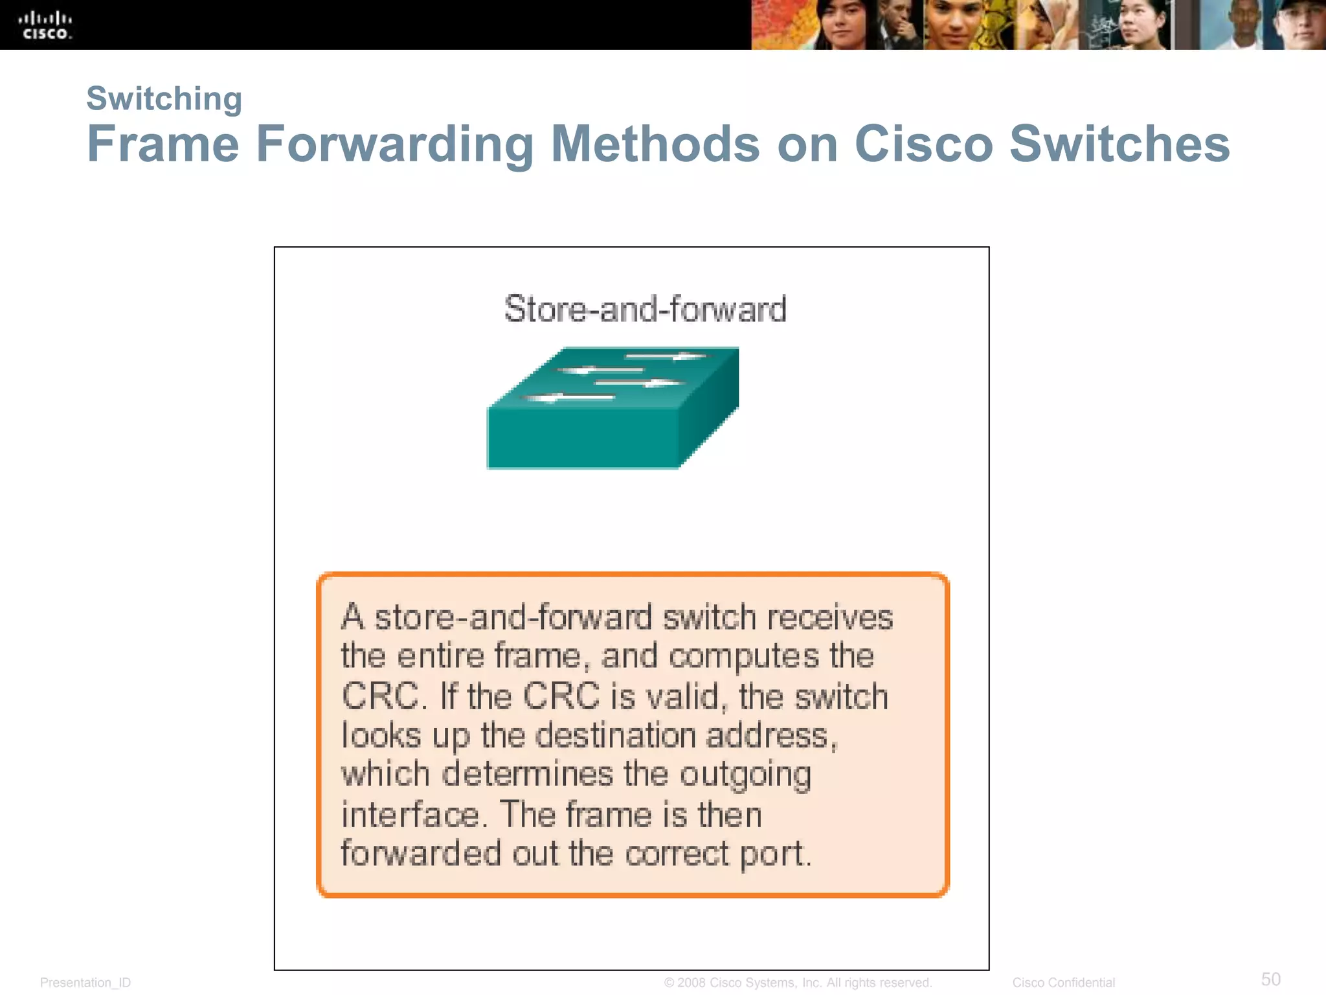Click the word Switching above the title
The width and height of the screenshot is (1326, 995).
[x=164, y=99]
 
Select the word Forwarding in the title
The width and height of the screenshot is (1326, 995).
[x=395, y=144]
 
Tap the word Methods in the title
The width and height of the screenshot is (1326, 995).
[x=655, y=144]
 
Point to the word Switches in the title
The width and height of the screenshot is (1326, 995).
[x=1119, y=144]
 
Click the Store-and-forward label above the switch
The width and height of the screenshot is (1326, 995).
[x=645, y=309]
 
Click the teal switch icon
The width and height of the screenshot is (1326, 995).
[x=612, y=408]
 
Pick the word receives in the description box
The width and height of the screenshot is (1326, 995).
[x=829, y=617]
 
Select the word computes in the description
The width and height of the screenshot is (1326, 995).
[x=744, y=656]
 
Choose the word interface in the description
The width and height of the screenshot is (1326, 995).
[x=414, y=815]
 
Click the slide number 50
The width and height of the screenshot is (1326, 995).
[x=1270, y=979]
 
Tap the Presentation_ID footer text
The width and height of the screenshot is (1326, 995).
[x=85, y=983]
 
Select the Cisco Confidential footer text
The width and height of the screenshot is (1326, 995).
[x=1063, y=983]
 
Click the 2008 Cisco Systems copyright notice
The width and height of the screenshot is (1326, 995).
[x=798, y=983]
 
